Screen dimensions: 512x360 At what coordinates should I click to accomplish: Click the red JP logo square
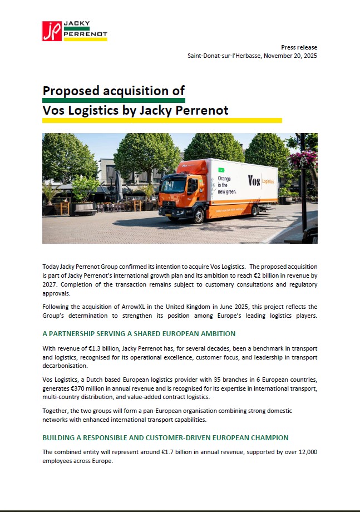[x=52, y=31]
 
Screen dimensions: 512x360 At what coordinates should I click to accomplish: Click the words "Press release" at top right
[x=298, y=47]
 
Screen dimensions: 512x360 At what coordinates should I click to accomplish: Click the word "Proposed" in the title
[x=70, y=91]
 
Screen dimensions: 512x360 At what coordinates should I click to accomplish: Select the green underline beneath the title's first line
[x=114, y=100]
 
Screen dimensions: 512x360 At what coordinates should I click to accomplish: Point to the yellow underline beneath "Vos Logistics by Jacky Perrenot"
[x=162, y=120]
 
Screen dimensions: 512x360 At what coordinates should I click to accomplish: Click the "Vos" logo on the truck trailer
[x=254, y=181]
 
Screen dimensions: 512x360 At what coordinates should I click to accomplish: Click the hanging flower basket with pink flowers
[x=303, y=159]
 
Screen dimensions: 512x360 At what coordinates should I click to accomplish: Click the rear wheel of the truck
[x=255, y=210]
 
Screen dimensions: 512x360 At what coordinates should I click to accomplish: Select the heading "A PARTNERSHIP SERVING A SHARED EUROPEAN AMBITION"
[x=139, y=333]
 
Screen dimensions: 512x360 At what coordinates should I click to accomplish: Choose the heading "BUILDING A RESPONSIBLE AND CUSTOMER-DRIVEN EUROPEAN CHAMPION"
[x=165, y=437]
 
